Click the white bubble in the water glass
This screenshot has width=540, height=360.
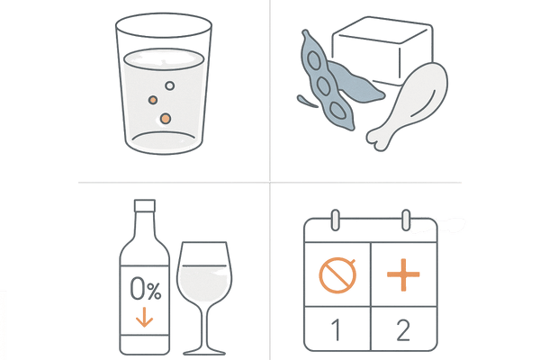(x=169, y=85)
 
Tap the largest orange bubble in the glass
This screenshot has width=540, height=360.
(x=166, y=119)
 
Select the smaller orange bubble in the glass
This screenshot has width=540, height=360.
(x=153, y=100)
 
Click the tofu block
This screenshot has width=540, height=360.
(x=382, y=50)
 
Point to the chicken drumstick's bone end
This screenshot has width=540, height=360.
(x=378, y=140)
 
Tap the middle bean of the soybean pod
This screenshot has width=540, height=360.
(x=323, y=85)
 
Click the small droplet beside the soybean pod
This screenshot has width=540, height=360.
(x=307, y=101)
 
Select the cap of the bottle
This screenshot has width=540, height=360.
(x=145, y=205)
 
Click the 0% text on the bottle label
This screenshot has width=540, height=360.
(x=146, y=289)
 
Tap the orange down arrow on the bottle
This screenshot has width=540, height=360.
(x=144, y=317)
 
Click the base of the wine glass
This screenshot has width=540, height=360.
(x=204, y=351)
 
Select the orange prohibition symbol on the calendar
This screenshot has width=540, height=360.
(x=337, y=275)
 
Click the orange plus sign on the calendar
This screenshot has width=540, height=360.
(x=403, y=274)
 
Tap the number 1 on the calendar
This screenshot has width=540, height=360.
(x=336, y=330)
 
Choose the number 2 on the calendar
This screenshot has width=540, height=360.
(x=403, y=330)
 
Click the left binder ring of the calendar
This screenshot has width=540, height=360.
(x=335, y=220)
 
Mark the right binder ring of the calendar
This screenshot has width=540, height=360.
(x=406, y=220)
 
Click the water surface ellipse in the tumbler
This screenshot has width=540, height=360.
(x=164, y=59)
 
